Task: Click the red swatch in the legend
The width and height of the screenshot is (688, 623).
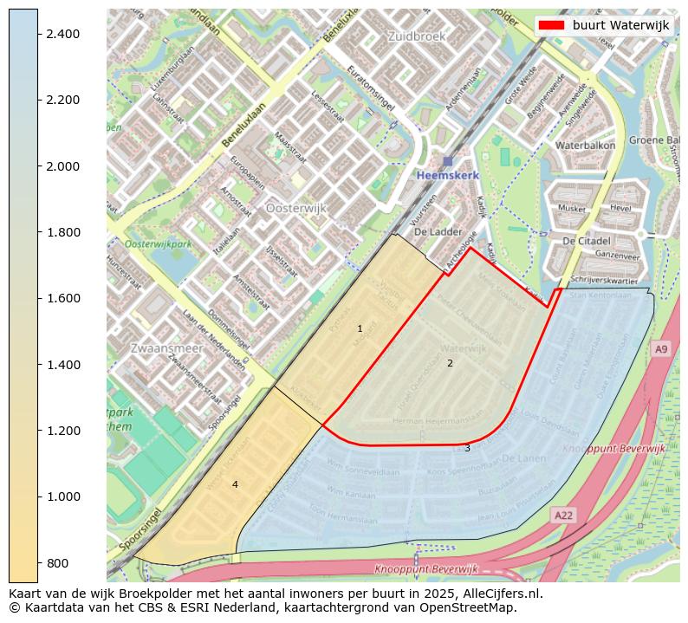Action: [x=551, y=25]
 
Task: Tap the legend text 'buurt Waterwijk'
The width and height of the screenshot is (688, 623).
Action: [x=620, y=25]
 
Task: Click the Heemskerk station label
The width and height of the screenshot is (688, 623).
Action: [x=447, y=175]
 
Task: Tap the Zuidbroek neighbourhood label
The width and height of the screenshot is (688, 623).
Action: [x=416, y=36]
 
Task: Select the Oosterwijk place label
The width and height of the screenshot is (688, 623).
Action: [x=295, y=209]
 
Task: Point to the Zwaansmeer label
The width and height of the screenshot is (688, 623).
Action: [x=166, y=347]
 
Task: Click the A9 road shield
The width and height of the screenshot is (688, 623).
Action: [x=661, y=348]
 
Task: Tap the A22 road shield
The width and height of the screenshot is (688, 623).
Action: [x=563, y=516]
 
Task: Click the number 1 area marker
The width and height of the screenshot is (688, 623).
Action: [x=360, y=328]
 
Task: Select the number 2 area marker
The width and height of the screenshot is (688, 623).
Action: [x=450, y=363]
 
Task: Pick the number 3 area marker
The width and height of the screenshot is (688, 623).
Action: [x=467, y=448]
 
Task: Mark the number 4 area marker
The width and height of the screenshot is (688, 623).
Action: [x=235, y=484]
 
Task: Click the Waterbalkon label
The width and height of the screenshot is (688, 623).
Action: [x=585, y=146]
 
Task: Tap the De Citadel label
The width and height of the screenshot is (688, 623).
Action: [x=587, y=240]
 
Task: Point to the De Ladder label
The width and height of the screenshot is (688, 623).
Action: [x=438, y=232]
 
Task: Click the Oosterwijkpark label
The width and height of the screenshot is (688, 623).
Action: [x=158, y=245]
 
